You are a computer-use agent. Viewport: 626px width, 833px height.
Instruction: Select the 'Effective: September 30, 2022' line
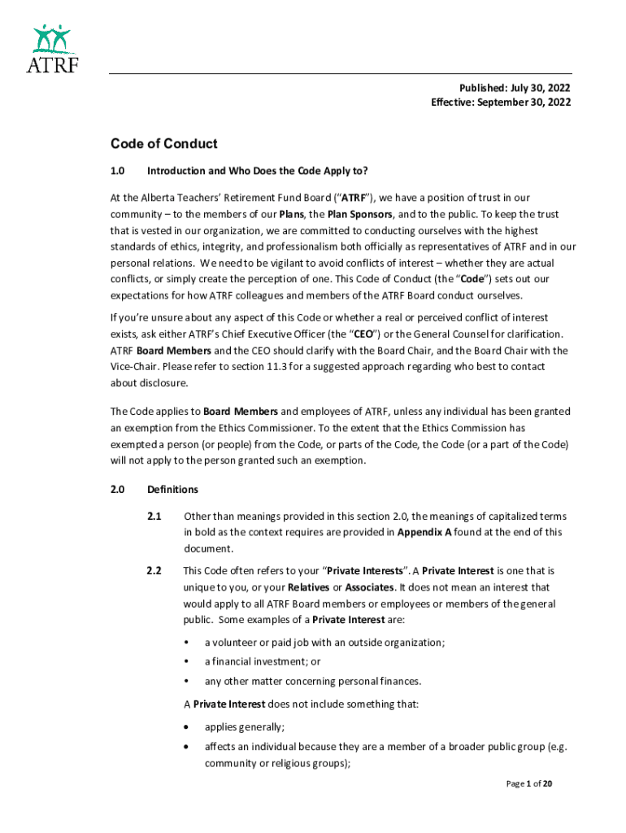tap(500, 102)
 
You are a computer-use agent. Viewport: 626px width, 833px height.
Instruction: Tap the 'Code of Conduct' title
tap(163, 144)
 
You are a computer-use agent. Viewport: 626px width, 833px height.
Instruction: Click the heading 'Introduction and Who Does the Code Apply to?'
tap(257, 171)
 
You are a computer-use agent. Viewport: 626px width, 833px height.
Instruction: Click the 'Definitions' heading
tap(172, 490)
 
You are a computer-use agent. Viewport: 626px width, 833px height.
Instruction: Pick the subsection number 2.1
tap(154, 516)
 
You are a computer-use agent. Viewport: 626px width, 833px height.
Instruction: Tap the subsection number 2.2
tap(154, 570)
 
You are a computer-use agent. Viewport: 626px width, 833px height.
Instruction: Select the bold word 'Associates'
tap(370, 587)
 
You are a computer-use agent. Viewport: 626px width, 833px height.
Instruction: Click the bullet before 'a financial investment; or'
tap(187, 662)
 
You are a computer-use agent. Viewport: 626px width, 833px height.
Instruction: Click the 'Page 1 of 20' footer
tap(530, 784)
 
